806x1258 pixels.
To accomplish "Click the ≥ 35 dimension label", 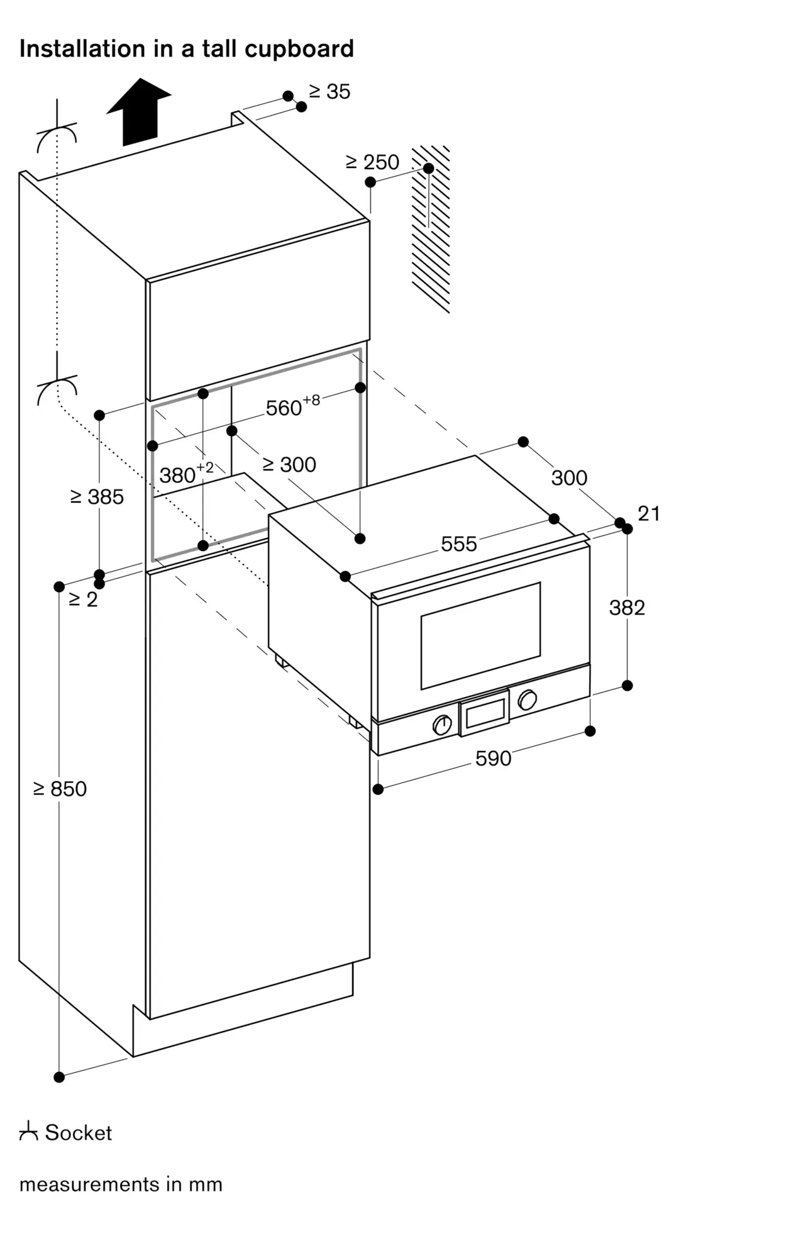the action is [329, 92].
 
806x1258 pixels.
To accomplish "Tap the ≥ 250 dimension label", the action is [373, 162].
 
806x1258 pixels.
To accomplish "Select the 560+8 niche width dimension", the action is [293, 406].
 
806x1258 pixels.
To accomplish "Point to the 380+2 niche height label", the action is [186, 473].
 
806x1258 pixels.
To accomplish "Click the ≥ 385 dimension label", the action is [97, 497].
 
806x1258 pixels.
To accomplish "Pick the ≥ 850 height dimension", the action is [60, 789].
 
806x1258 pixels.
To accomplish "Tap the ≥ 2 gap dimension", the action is [84, 599].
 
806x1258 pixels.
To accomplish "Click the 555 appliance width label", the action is [459, 544].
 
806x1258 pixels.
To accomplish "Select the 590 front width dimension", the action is [494, 759].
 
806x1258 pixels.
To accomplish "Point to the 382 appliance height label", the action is [627, 608].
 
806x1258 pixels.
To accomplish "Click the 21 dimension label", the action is [649, 514].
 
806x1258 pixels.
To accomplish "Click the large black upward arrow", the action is [139, 112].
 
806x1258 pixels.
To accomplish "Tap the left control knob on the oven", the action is [443, 725].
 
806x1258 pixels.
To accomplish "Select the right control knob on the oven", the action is [527, 699].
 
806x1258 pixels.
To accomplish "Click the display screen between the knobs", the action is [485, 712].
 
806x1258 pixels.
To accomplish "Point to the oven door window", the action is [481, 636].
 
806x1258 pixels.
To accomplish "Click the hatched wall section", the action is [431, 229].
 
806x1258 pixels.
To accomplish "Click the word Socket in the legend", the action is [79, 1133].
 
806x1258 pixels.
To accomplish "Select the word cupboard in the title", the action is [299, 49].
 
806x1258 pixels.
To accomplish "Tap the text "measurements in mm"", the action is [121, 1184].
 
